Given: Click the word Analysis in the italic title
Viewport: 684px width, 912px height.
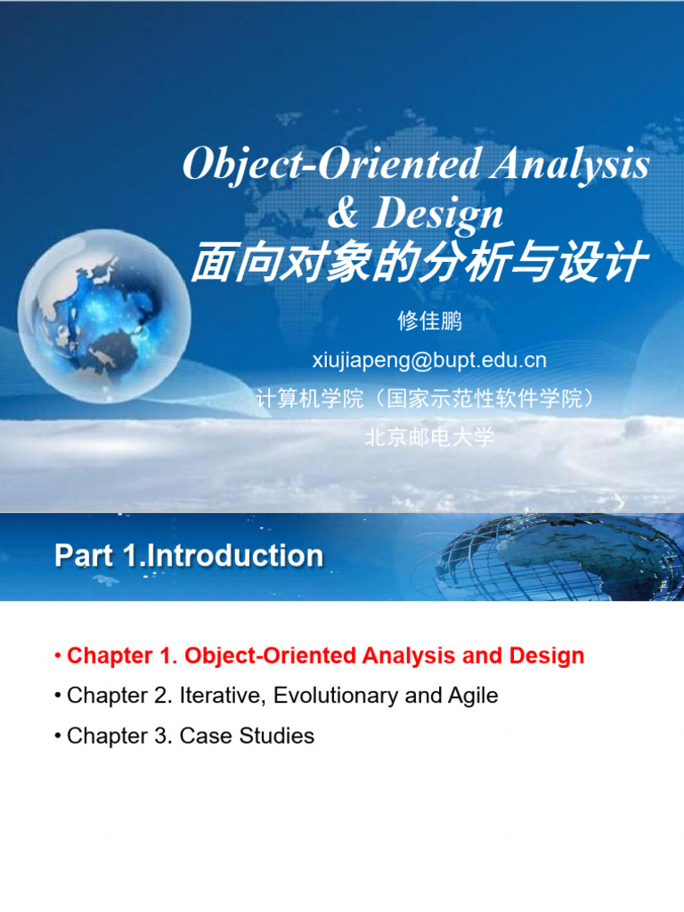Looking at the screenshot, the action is pos(569,165).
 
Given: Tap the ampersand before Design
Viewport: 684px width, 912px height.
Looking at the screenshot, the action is pos(343,212).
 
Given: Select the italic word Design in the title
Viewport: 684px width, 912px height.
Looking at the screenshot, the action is pos(437,215).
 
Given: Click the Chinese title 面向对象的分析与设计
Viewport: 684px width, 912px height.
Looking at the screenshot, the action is pos(419,262).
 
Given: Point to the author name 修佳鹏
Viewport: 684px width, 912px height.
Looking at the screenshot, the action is pos(430,321).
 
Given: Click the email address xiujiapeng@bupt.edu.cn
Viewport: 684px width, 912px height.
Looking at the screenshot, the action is pos(429,360).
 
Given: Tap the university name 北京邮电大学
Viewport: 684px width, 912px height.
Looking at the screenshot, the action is pos(429,436).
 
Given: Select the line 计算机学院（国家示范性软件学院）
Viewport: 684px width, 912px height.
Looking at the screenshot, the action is pos(429,398).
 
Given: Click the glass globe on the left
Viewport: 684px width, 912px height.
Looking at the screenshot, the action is pos(105,316).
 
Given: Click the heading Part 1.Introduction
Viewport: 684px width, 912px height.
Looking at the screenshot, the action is pos(189,556).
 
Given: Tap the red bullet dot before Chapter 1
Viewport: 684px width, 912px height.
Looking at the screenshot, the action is pos(58,656).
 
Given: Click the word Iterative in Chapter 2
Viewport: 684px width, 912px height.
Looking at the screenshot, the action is pos(222,696).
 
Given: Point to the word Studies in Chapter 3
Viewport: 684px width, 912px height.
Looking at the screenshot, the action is pos(277,736).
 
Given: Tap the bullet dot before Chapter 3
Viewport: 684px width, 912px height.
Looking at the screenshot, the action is pos(58,737).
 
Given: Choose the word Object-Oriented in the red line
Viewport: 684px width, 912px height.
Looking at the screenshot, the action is pos(270,655).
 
